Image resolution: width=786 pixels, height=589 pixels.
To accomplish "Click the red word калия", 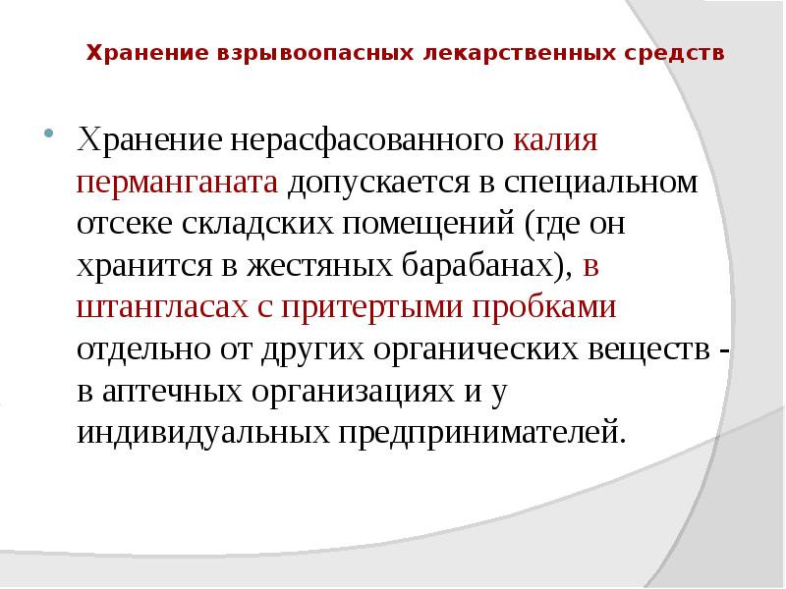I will coord(555,139).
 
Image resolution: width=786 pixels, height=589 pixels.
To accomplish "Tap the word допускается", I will coord(403,183).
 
